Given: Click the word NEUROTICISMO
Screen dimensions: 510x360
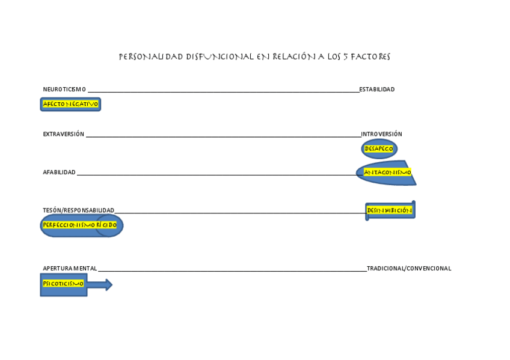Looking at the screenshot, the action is (x=64, y=90).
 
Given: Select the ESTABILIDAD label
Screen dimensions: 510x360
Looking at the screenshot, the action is (x=377, y=90).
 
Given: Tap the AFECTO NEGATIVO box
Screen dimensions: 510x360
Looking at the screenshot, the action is (x=70, y=104).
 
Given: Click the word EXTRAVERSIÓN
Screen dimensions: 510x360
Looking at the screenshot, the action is (x=63, y=134).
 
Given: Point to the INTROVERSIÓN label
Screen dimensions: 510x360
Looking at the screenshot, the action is (x=381, y=134).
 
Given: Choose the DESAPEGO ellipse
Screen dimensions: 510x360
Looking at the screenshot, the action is (x=379, y=148).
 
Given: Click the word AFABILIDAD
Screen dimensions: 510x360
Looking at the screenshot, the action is (x=59, y=172).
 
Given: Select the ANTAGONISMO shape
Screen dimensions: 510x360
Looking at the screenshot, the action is (x=387, y=172).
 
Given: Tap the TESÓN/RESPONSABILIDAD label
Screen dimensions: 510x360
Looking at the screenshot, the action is (x=78, y=210).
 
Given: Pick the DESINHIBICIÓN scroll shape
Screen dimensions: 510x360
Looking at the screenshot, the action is (x=390, y=210).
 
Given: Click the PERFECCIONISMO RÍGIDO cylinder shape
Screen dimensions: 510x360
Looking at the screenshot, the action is (x=81, y=225).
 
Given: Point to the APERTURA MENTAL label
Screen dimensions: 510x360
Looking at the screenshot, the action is (x=70, y=269).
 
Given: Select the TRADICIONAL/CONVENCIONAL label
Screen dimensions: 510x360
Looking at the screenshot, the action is (x=409, y=269).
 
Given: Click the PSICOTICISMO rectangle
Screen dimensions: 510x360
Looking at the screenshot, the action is (x=63, y=284).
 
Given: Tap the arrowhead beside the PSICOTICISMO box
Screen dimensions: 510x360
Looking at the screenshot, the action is (x=108, y=285).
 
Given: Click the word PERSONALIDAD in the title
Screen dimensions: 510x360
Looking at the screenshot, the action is (x=151, y=57).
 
